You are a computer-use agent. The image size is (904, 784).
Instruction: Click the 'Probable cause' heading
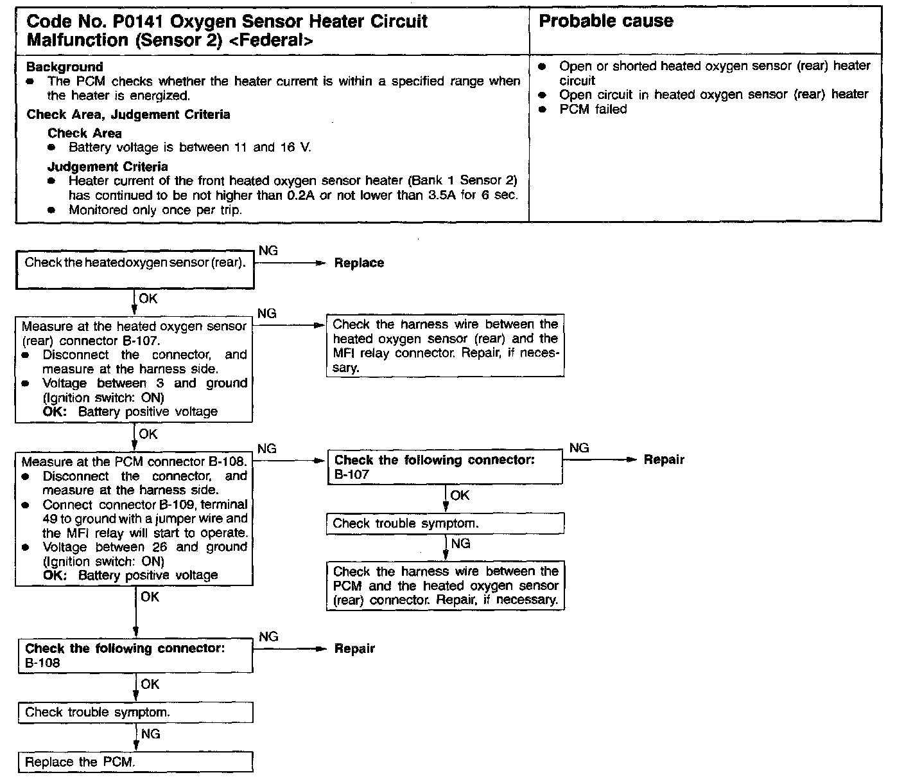pos(605,21)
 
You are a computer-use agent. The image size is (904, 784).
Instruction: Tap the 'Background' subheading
pos(64,67)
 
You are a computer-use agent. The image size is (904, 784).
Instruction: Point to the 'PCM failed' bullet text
pos(593,109)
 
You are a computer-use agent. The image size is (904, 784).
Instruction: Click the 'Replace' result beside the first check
pos(359,263)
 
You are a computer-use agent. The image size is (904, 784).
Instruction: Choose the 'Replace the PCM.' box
pos(135,762)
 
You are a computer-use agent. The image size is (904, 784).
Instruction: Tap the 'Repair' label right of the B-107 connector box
pos(664,460)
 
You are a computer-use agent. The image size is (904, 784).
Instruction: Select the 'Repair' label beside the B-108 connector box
pos(354,649)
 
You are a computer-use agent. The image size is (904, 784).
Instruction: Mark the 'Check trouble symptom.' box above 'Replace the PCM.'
pos(135,712)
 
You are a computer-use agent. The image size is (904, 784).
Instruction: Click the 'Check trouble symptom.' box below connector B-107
pos(445,523)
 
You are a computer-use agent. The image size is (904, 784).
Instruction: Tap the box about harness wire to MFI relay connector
pos(445,346)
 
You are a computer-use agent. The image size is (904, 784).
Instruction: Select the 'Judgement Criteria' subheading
pos(107,166)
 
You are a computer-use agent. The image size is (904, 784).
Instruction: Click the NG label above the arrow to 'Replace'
pos(268,251)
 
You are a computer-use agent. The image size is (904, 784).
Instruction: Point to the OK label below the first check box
pos(148,299)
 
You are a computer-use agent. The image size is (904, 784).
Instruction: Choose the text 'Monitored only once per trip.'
pos(155,210)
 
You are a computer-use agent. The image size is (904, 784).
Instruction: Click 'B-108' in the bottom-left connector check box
pos(42,663)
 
